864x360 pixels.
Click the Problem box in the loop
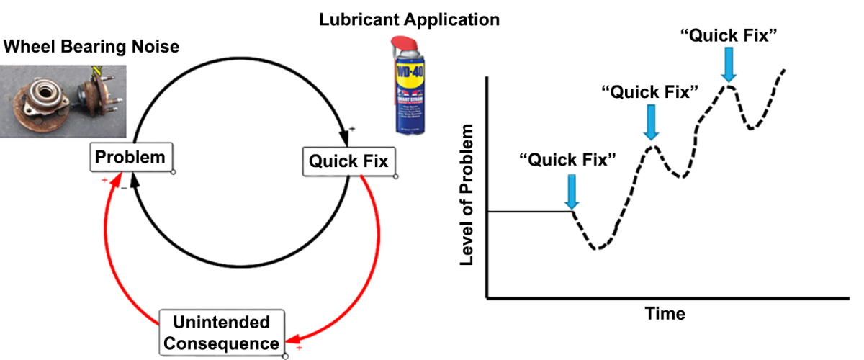(130, 157)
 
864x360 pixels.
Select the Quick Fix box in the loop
(348, 161)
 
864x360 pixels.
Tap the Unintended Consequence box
(222, 332)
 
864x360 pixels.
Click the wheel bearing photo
(63, 101)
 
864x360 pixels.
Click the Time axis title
(665, 314)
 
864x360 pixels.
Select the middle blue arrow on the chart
(652, 122)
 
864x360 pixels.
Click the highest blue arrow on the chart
(729, 65)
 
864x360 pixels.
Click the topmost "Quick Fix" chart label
(729, 34)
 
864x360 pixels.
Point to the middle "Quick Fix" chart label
(650, 91)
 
